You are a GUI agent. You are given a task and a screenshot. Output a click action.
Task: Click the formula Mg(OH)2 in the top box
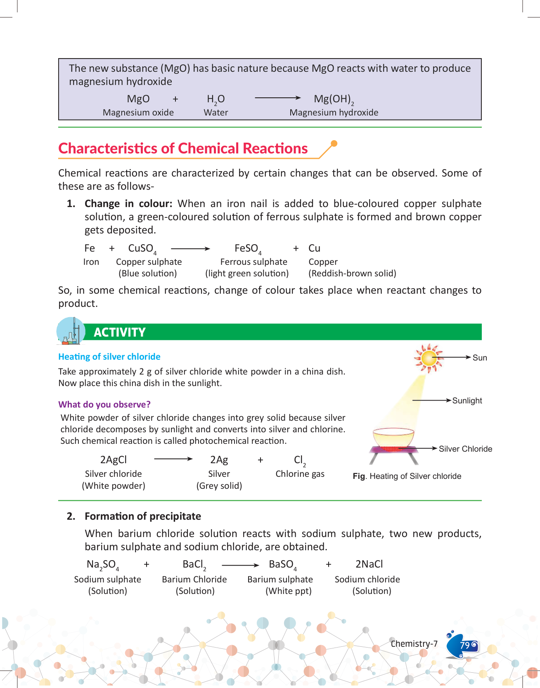(334, 99)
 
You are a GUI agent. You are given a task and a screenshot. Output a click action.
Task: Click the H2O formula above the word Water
(216, 99)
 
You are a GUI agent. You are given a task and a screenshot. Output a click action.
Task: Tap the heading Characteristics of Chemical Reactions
(183, 148)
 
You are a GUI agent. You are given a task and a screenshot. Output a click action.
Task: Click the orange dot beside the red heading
(334, 144)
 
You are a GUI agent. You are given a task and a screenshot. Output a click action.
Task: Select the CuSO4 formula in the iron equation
(142, 249)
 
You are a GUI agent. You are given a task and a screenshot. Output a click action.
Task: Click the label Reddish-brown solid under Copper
(352, 273)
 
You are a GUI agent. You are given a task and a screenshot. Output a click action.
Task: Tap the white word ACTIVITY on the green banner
(120, 332)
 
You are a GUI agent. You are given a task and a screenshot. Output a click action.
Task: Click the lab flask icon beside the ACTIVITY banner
(71, 331)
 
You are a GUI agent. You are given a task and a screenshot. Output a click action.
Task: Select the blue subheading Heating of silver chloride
(109, 357)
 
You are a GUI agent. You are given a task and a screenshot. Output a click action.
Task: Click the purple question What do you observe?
(104, 405)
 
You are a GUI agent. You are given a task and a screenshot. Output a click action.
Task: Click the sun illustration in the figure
(429, 358)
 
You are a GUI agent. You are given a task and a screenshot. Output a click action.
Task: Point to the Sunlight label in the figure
(467, 401)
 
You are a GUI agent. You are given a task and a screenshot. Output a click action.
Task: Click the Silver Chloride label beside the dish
(465, 449)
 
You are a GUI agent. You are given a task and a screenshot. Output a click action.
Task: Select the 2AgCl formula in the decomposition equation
(114, 460)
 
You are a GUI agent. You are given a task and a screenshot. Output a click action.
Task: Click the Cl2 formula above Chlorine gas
(300, 460)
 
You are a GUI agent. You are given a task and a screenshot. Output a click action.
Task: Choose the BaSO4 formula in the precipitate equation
(282, 565)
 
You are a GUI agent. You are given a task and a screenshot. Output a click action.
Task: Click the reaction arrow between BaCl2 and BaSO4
(240, 565)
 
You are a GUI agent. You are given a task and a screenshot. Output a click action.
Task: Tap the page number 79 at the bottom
(465, 645)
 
